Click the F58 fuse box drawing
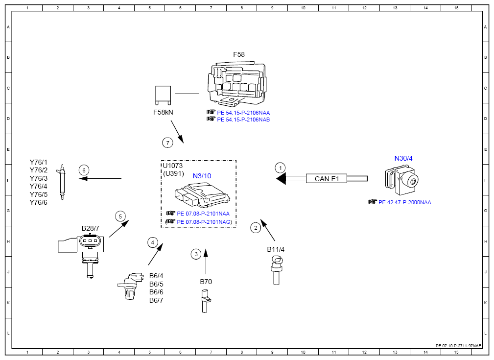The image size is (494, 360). [x=237, y=84]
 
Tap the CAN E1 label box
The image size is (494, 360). [x=327, y=179]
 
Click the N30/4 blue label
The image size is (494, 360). [x=403, y=158]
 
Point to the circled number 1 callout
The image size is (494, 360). [x=280, y=168]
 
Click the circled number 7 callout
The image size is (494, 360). [x=167, y=143]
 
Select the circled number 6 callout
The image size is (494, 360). [x=84, y=170]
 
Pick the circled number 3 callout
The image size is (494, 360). [x=196, y=254]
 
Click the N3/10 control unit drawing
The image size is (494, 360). [x=202, y=194]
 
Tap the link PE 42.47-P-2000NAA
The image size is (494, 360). [x=404, y=202]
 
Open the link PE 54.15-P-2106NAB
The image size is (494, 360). [x=243, y=120]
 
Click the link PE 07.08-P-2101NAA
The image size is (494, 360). [x=203, y=214]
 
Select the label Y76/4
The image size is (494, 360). [x=39, y=186]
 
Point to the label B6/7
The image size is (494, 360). [x=156, y=300]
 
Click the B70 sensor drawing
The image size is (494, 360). [x=205, y=302]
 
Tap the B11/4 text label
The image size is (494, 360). [x=276, y=249]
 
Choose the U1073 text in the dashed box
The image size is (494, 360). [x=173, y=166]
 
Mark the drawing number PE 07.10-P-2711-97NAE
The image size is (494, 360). [x=458, y=346]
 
